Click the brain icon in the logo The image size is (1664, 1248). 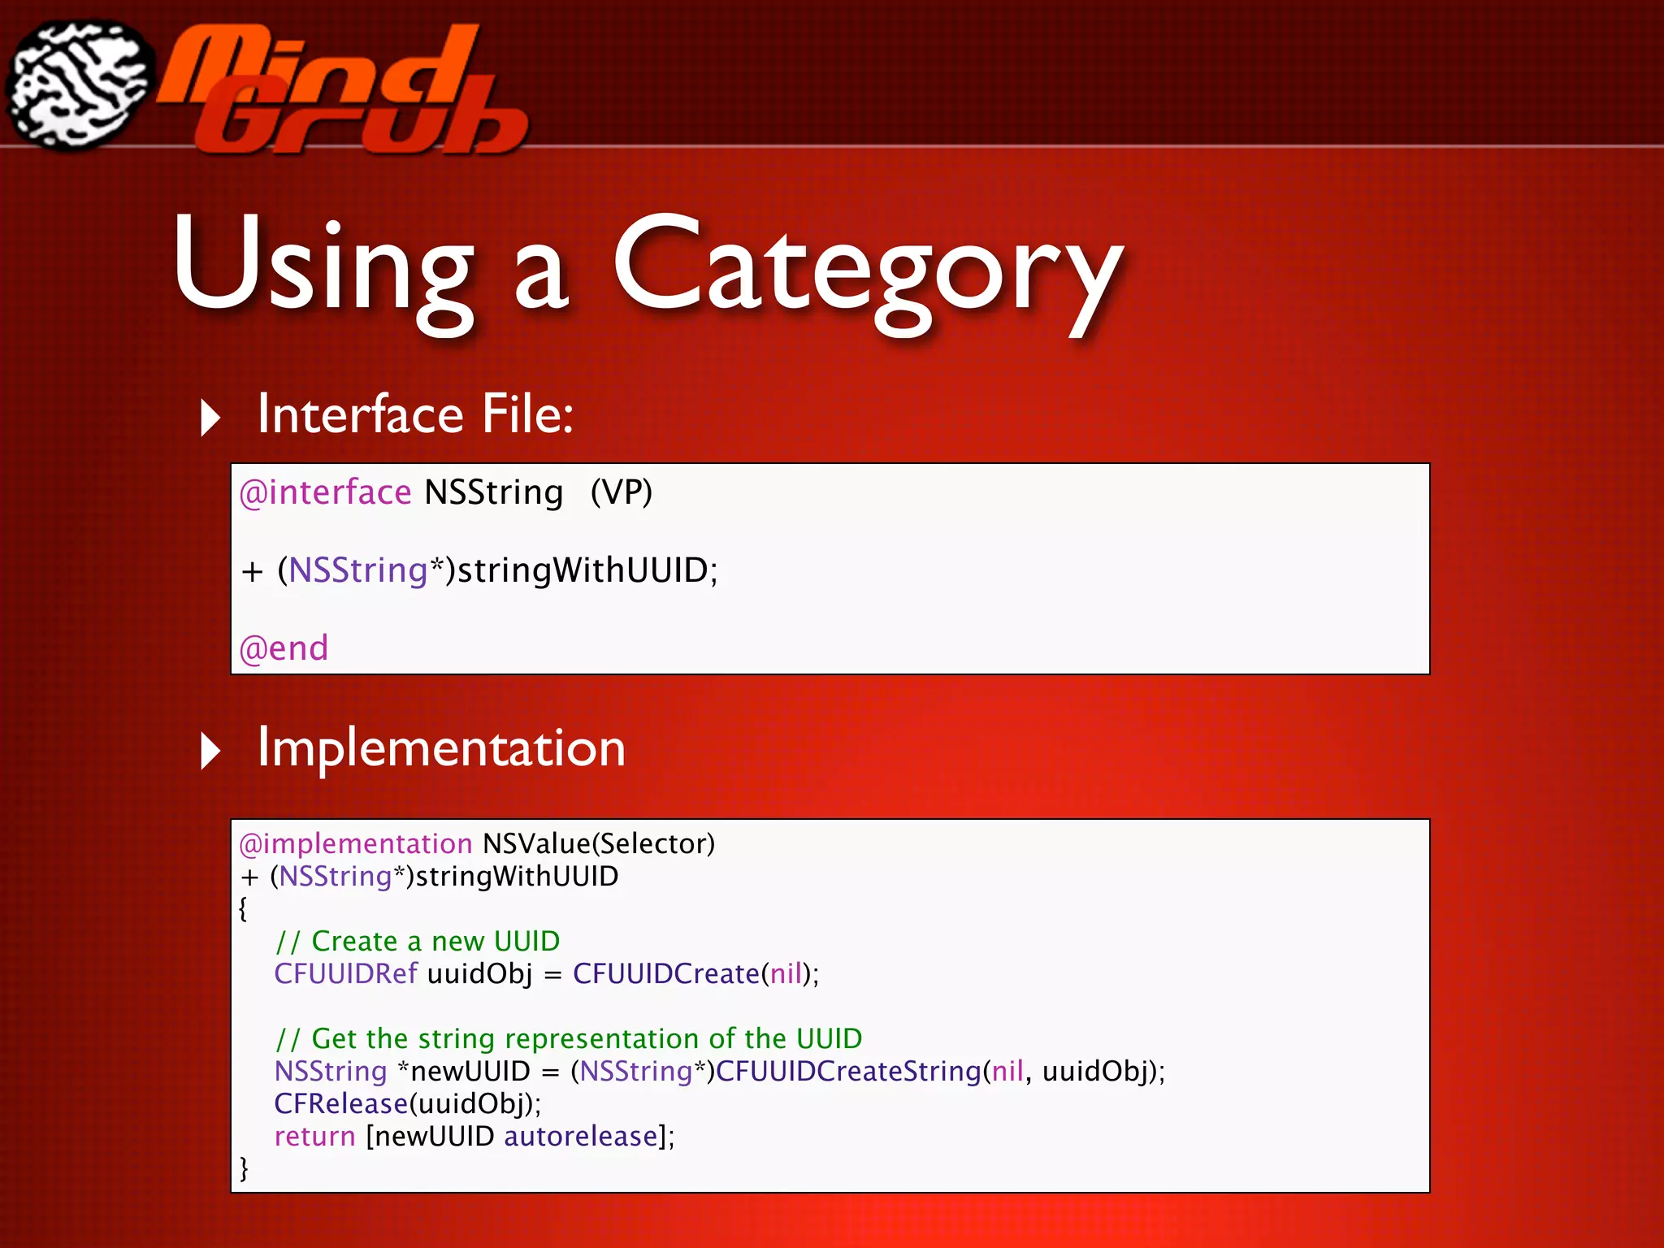pyautogui.click(x=80, y=84)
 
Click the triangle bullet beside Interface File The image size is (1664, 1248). pyautogui.click(x=210, y=418)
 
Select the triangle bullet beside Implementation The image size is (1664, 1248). pyautogui.click(x=210, y=750)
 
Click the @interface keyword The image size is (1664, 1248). pyautogui.click(x=325, y=492)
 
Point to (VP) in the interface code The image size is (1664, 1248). pyautogui.click(x=621, y=492)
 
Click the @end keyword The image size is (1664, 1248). pyautogui.click(x=284, y=648)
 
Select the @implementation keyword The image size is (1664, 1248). pyautogui.click(x=355, y=843)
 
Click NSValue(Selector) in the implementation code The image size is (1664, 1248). pyautogui.click(x=599, y=843)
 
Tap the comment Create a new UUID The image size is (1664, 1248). pyautogui.click(x=418, y=941)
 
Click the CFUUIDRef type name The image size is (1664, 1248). pyautogui.click(x=345, y=973)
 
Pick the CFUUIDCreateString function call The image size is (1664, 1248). pyautogui.click(x=848, y=1071)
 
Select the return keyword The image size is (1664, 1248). pyautogui.click(x=314, y=1136)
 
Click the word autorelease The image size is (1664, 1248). pyautogui.click(x=580, y=1136)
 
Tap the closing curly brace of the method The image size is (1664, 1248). pyautogui.click(x=243, y=1168)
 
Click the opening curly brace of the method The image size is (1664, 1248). pyautogui.click(x=243, y=908)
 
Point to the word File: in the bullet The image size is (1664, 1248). pyautogui.click(x=527, y=414)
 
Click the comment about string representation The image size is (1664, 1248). pyautogui.click(x=568, y=1038)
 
